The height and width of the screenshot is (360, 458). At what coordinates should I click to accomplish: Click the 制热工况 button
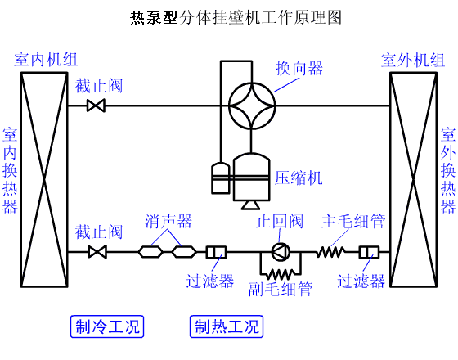pos(227,327)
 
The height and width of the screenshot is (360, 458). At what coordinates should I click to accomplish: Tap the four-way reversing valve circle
pos(253,105)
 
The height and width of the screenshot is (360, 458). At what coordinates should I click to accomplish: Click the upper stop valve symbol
pos(98,105)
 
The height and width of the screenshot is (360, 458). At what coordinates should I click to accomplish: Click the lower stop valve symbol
pos(98,252)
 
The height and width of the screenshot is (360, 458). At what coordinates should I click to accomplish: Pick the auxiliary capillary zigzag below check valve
pos(281,272)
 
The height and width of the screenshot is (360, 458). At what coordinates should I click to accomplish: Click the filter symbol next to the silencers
pos(217,252)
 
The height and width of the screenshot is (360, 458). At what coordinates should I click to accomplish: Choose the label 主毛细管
pos(353,222)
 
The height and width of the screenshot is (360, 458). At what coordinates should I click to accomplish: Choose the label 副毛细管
pos(281,289)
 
